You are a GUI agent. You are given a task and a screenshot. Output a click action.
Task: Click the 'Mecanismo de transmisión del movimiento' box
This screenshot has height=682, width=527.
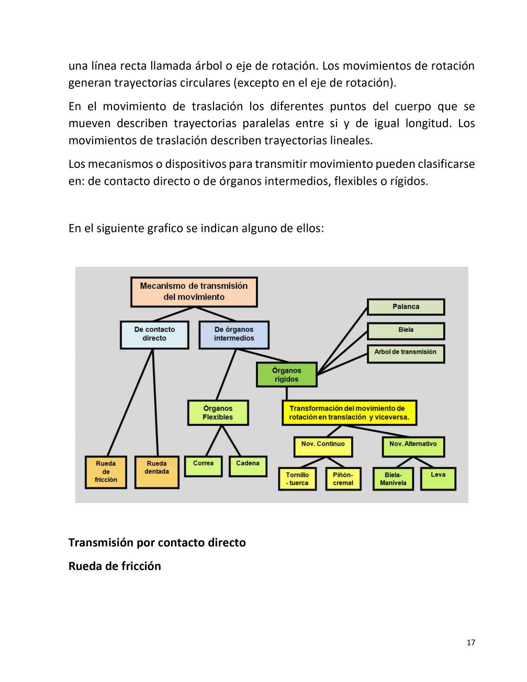(x=194, y=292)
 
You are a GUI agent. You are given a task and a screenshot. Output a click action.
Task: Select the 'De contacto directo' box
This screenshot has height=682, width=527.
(x=154, y=334)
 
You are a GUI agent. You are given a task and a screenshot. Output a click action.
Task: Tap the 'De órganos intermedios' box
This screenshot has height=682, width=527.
(x=234, y=334)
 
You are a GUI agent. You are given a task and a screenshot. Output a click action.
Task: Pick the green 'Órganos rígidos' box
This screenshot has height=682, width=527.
(x=286, y=375)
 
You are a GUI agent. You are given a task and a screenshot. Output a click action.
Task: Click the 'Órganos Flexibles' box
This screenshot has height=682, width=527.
(x=218, y=412)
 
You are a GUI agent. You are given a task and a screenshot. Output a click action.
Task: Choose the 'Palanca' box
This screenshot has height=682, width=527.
(x=406, y=307)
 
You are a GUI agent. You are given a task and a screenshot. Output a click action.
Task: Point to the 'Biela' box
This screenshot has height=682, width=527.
(x=406, y=330)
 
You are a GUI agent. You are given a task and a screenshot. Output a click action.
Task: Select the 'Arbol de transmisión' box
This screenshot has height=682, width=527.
(x=406, y=353)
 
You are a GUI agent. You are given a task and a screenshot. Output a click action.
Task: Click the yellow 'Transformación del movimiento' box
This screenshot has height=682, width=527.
(x=350, y=412)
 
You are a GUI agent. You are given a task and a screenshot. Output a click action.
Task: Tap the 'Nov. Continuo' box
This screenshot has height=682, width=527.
(x=323, y=446)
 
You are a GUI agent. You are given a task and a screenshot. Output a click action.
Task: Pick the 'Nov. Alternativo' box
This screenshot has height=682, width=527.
(x=413, y=446)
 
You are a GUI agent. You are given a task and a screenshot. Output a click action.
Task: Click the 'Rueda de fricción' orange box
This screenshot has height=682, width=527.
(x=106, y=472)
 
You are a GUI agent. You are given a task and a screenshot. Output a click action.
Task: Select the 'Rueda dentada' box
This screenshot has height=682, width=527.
(x=156, y=472)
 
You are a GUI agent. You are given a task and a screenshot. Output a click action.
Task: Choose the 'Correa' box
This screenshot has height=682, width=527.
(x=203, y=466)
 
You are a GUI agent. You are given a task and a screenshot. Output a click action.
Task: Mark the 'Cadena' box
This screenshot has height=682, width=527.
(x=248, y=466)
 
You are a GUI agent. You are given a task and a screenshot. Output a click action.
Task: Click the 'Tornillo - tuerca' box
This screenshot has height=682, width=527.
(x=297, y=478)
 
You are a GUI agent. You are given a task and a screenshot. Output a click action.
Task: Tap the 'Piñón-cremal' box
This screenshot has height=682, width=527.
(x=343, y=478)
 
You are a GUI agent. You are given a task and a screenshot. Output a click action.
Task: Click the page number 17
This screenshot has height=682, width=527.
(x=470, y=643)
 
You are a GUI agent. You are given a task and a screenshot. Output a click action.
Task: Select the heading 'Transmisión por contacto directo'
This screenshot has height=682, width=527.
(x=157, y=542)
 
